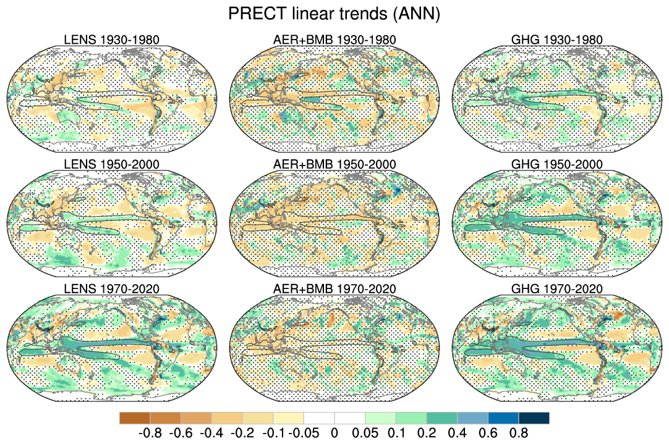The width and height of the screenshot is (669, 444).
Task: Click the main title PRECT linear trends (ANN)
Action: point(334,14)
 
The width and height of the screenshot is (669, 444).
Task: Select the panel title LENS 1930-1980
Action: point(112,40)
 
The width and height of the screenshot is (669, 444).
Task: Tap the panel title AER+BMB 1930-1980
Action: point(335,40)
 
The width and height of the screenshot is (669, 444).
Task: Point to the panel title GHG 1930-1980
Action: point(557,40)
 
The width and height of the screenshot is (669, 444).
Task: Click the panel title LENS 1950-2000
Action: point(112,165)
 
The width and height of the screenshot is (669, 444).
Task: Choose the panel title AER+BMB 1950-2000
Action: point(335,165)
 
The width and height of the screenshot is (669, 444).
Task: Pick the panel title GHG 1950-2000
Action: point(557,165)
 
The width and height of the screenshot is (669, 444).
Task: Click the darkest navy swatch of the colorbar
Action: point(534,418)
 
